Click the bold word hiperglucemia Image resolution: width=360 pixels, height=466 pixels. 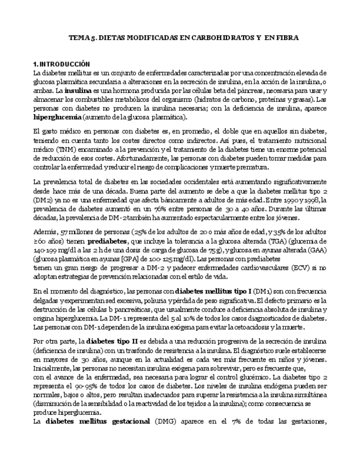(58, 118)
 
